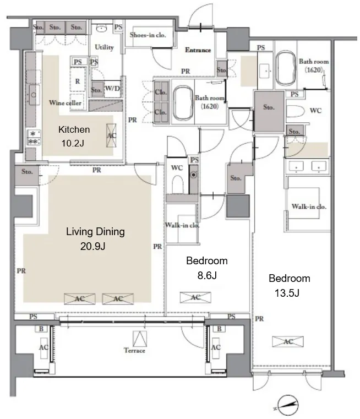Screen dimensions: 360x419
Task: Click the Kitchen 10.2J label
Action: point(74,137)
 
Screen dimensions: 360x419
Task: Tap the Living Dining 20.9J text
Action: point(95,238)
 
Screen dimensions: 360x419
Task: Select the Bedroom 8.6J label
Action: point(207,268)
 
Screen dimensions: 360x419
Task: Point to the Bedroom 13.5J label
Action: point(289,286)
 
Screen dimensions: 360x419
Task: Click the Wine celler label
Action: point(65,102)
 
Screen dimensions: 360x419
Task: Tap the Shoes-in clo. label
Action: point(148,35)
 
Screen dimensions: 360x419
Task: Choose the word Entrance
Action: point(198,50)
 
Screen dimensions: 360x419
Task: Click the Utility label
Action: point(104,47)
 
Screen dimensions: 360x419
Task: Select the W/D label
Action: point(112,88)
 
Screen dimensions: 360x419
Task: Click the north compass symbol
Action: point(288,405)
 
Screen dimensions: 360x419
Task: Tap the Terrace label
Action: point(134,350)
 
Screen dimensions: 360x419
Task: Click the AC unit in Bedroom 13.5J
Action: point(288,341)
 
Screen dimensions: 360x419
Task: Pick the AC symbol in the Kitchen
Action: point(111,135)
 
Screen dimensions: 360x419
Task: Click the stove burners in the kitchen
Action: point(34,138)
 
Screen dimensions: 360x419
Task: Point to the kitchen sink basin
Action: point(34,95)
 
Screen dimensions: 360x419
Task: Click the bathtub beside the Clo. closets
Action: point(183,104)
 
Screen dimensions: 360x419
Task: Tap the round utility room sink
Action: point(101,28)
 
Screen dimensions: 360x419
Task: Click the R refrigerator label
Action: point(78,81)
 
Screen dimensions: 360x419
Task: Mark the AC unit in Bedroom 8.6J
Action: point(195,297)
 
